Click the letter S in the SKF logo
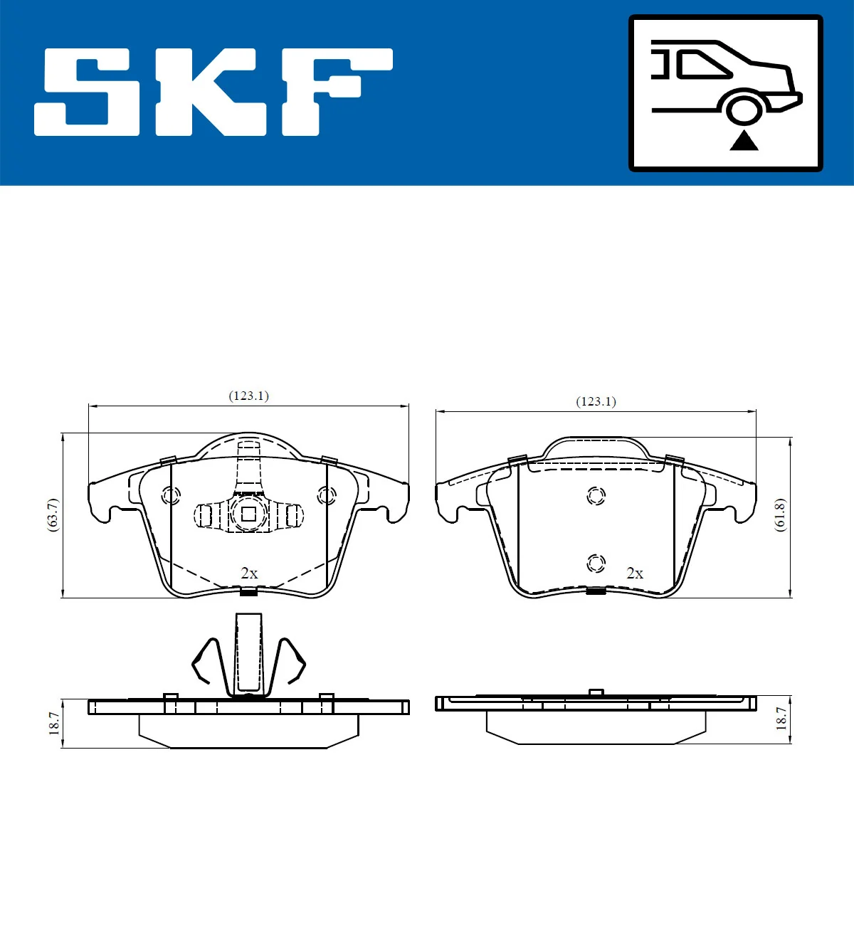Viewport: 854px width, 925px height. pos(88,92)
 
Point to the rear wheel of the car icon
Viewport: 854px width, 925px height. pos(744,110)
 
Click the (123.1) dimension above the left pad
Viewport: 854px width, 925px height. pos(248,396)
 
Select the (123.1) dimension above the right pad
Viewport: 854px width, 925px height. pos(596,401)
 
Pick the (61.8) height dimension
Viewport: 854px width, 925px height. pos(780,514)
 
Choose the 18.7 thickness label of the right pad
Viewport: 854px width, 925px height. pos(781,719)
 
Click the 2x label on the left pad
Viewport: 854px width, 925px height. pos(249,573)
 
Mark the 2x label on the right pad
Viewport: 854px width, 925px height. pos(635,573)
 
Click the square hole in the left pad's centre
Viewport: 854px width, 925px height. pos(248,514)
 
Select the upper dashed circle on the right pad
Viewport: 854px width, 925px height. pos(596,495)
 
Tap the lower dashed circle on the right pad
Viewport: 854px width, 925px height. pos(596,564)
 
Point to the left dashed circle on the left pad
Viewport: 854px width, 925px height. pos(172,495)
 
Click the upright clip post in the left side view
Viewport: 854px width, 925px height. pos(248,652)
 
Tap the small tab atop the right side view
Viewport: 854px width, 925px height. pos(596,692)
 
